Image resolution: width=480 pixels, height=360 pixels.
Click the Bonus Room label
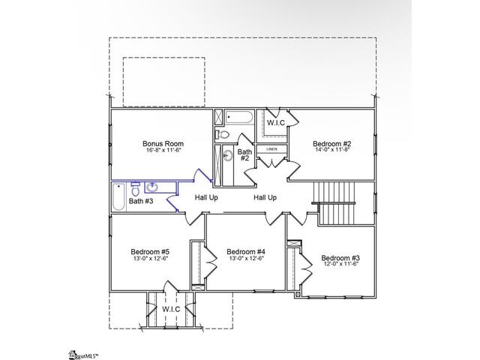(163, 143)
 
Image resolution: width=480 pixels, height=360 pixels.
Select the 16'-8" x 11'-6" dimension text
(163, 151)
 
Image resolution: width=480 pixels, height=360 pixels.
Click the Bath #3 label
(140, 201)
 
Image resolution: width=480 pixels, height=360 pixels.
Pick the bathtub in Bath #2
(239, 118)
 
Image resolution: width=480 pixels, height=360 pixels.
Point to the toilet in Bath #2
(223, 133)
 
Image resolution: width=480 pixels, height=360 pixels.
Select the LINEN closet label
(271, 149)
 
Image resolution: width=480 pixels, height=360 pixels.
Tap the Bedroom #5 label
(150, 251)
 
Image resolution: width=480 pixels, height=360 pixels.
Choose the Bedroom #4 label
(245, 251)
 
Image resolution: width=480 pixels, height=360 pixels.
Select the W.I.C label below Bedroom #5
(170, 309)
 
